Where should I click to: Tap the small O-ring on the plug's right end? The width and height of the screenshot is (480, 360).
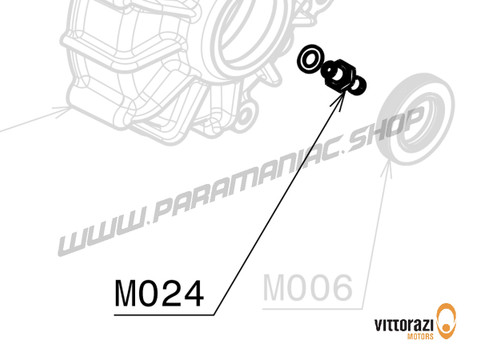[355, 87]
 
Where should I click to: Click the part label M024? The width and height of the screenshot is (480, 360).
[160, 293]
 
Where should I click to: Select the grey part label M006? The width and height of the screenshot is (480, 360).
[307, 289]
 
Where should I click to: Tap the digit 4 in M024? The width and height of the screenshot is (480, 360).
[192, 293]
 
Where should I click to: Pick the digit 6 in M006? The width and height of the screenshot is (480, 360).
[340, 289]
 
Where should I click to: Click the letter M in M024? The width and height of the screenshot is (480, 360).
[126, 293]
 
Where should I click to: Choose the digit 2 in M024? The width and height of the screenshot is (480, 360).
[171, 293]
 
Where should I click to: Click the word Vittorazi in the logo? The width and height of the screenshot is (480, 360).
[405, 324]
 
